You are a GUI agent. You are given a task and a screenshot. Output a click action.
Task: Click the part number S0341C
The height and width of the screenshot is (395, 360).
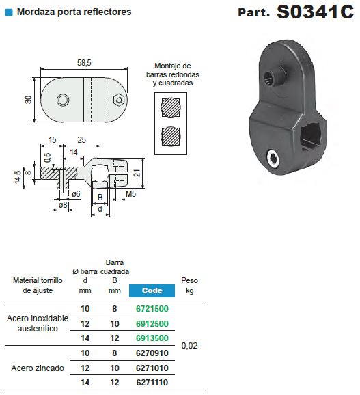click(315, 13)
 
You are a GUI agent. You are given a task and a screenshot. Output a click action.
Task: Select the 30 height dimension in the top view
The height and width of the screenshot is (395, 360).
click(29, 100)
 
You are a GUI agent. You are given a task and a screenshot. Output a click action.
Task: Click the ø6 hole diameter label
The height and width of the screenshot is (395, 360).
click(77, 194)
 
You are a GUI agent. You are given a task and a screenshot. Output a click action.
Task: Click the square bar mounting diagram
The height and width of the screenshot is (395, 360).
click(172, 135)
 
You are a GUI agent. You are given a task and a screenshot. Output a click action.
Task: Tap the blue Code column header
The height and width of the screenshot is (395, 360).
click(152, 290)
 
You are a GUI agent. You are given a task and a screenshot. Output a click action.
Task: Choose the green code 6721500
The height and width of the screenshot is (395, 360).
click(152, 308)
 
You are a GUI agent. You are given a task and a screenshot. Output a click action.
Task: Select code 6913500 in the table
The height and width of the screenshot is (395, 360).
click(152, 338)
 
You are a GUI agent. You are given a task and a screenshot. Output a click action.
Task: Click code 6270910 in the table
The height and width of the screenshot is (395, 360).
click(152, 353)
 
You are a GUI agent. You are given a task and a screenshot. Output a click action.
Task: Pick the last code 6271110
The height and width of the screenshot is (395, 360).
click(152, 383)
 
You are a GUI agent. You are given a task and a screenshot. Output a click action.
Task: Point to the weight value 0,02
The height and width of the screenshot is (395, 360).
click(190, 346)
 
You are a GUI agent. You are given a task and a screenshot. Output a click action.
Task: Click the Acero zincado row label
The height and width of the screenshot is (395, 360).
click(38, 368)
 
